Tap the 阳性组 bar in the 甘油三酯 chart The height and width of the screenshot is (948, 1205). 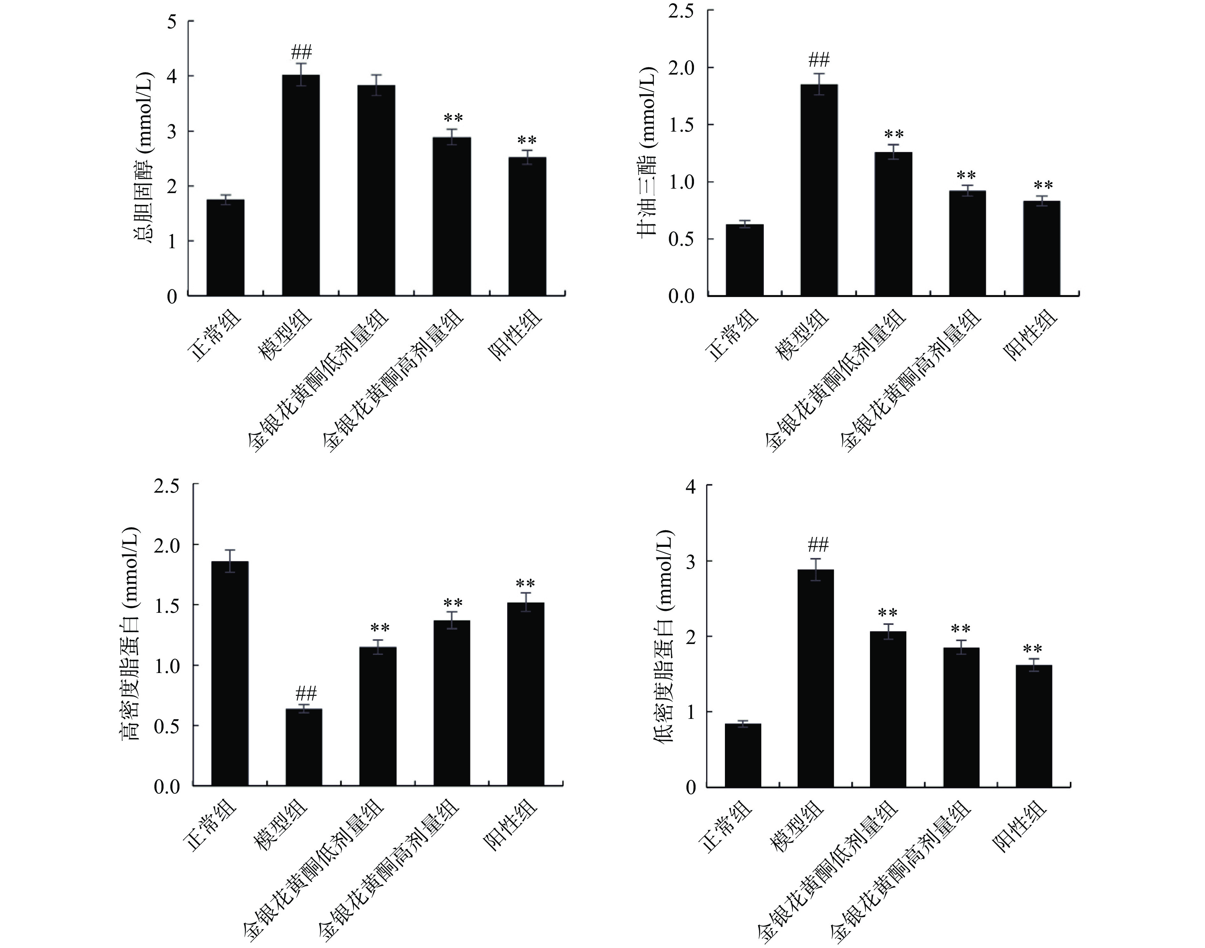coord(1042,248)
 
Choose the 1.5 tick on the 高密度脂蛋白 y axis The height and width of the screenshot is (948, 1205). coord(168,605)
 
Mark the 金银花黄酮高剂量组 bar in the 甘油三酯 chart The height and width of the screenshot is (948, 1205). coord(967,243)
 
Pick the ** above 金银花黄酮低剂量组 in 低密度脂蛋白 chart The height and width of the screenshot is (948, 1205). coord(887,614)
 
